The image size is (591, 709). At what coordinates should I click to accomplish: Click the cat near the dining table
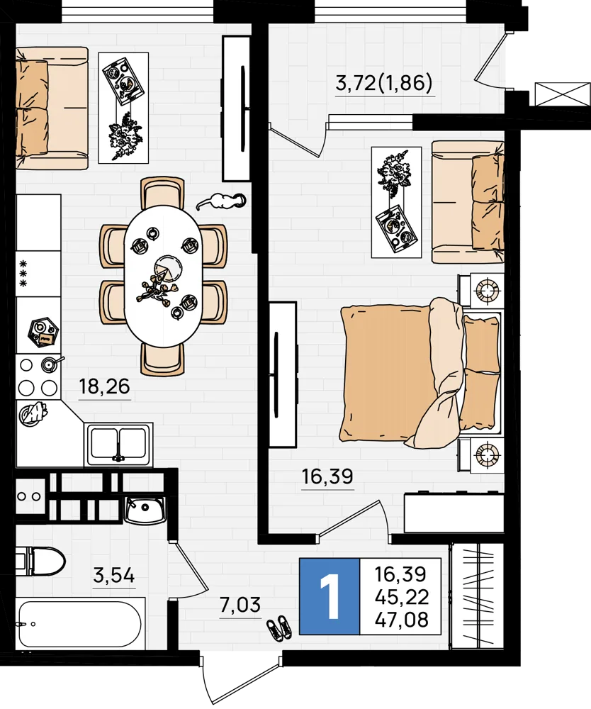point(221,201)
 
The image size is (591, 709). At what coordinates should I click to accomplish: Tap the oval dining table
point(163,276)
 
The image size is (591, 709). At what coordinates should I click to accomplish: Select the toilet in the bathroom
point(40,561)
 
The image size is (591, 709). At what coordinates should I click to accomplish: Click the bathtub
point(80,624)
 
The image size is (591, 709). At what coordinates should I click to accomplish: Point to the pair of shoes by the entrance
point(278,628)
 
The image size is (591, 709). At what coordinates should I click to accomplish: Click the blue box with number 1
point(330,596)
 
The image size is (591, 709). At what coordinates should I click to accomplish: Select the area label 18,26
point(104,387)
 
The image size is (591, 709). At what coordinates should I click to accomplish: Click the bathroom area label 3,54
point(114,576)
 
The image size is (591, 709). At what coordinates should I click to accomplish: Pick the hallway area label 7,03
point(240,605)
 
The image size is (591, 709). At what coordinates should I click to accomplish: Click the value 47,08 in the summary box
point(401,620)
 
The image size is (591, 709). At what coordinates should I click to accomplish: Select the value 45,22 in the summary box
point(401,597)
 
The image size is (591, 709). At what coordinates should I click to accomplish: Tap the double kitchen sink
point(118,444)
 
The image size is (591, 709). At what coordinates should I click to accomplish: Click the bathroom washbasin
point(145,510)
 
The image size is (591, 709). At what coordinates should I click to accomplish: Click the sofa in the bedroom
point(468,201)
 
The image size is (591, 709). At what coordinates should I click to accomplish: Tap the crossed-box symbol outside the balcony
point(563,94)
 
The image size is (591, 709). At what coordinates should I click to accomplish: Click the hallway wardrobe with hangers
point(477,596)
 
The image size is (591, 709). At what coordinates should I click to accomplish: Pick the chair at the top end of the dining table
point(163,192)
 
